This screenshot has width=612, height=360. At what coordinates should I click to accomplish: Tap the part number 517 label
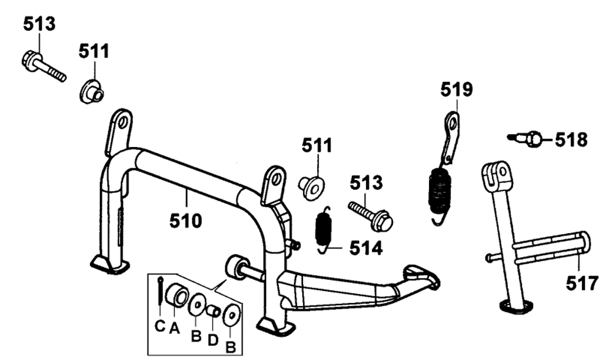[x=580, y=284]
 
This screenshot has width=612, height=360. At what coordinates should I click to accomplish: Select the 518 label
[x=571, y=140]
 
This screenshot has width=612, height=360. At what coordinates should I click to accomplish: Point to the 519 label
[x=457, y=90]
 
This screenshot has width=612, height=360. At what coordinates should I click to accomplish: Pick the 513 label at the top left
[x=39, y=24]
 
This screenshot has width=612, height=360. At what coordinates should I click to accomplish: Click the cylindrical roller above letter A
[x=177, y=296]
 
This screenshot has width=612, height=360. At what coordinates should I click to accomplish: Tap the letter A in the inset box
[x=173, y=328]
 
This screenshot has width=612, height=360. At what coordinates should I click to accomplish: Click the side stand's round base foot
[x=513, y=307]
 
